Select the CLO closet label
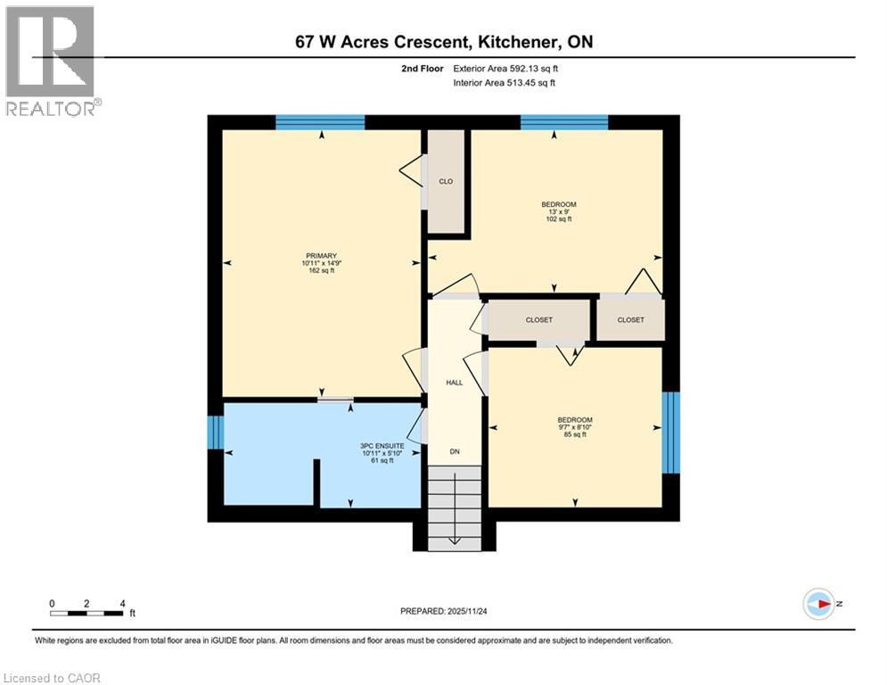click(x=446, y=181)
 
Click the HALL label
click(x=454, y=383)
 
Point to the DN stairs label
click(x=454, y=451)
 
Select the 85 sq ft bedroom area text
click(x=574, y=435)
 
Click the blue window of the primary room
click(x=320, y=122)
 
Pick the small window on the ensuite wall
click(x=214, y=433)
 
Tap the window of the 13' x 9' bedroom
click(x=564, y=122)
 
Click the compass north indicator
click(x=818, y=604)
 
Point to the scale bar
click(x=87, y=613)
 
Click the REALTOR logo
click(x=52, y=62)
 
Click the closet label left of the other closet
click(x=539, y=319)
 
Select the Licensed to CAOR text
click(x=53, y=678)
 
